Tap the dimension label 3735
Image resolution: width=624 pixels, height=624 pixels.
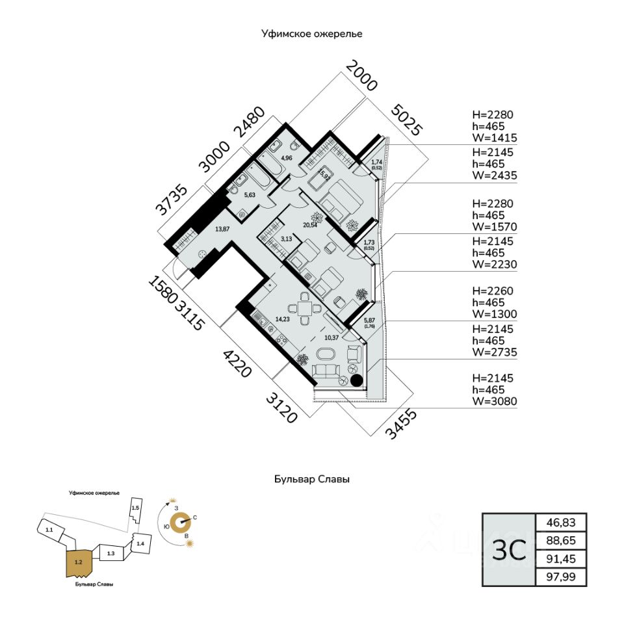(x=172, y=200)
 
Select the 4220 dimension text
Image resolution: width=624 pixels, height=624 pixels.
(x=237, y=364)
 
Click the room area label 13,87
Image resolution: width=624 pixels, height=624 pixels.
(x=222, y=228)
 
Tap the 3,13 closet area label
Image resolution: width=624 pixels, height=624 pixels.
(x=286, y=239)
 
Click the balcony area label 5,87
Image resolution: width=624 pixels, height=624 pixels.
(x=370, y=320)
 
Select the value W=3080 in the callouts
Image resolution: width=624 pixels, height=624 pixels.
(x=495, y=401)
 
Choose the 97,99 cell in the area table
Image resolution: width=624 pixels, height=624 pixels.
(x=560, y=577)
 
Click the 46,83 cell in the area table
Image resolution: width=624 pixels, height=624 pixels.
(x=560, y=523)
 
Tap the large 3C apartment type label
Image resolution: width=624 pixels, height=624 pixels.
(x=508, y=550)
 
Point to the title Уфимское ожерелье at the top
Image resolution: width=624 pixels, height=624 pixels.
(x=311, y=32)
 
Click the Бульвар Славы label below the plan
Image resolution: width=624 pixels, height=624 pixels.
(x=311, y=480)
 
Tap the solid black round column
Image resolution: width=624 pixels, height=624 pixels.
(x=356, y=382)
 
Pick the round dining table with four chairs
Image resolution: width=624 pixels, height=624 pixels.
(x=304, y=309)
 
